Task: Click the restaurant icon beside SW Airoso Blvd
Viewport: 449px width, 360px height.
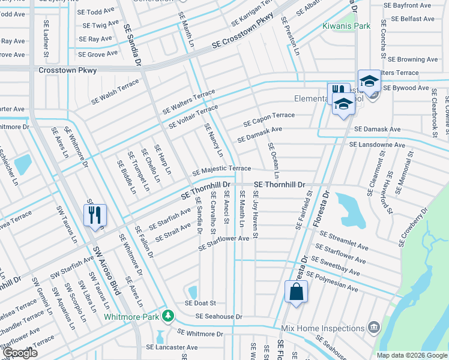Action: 95,215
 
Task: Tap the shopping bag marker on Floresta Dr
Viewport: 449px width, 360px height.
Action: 296,292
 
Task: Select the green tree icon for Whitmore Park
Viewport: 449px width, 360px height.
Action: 170,316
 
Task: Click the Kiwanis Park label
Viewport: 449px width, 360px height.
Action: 346,26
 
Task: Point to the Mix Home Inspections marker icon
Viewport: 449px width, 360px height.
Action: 374,327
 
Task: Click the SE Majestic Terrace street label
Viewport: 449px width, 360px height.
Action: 221,171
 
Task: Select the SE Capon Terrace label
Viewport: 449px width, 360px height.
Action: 269,119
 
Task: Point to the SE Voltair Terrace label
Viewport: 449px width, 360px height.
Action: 193,116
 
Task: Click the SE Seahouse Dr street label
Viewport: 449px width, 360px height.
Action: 218,316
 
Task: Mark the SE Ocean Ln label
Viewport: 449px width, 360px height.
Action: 274,161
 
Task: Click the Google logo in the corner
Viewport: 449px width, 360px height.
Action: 19,352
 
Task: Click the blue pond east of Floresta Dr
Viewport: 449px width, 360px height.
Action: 349,207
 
